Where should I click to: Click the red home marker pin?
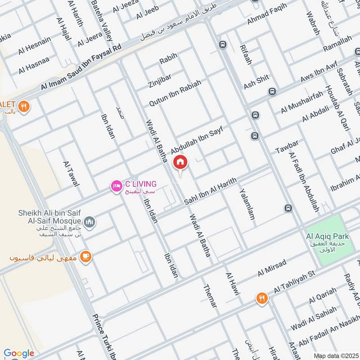(x=180, y=162)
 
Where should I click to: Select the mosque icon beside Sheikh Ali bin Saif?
(x=90, y=221)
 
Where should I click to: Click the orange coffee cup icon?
(x=85, y=256)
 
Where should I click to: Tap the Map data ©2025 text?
(x=335, y=355)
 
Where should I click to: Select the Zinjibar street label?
(x=160, y=78)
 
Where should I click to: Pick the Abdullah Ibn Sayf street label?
(x=197, y=140)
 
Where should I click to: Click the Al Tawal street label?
(x=71, y=174)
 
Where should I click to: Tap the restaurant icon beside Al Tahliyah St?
(x=261, y=298)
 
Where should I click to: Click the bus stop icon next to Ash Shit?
(x=272, y=91)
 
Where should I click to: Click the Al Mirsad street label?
(x=272, y=268)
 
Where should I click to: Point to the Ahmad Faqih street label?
(x=266, y=17)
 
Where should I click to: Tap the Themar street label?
(x=210, y=297)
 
